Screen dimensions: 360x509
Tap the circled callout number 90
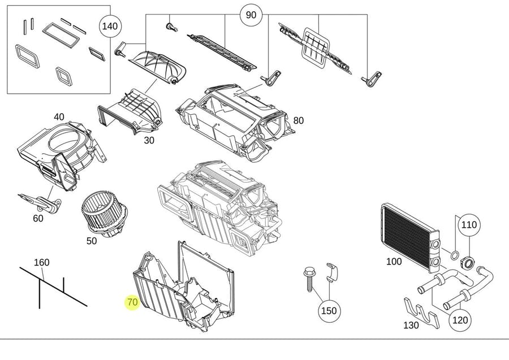coord(251,15)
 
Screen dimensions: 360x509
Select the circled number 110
coord(468,225)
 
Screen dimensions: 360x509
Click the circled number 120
coord(460,320)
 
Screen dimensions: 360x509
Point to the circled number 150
coord(329,311)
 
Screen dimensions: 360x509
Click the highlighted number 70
coord(132,302)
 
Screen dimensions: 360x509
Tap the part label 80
coord(298,120)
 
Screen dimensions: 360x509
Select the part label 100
coord(394,262)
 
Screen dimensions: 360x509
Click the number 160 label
coord(42,262)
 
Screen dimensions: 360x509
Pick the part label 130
coord(411,325)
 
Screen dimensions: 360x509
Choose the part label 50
coord(92,241)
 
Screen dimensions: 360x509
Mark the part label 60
coord(38,218)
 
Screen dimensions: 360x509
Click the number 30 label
coord(149,141)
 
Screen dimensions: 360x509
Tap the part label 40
coord(59,117)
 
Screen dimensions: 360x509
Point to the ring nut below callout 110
coord(468,262)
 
